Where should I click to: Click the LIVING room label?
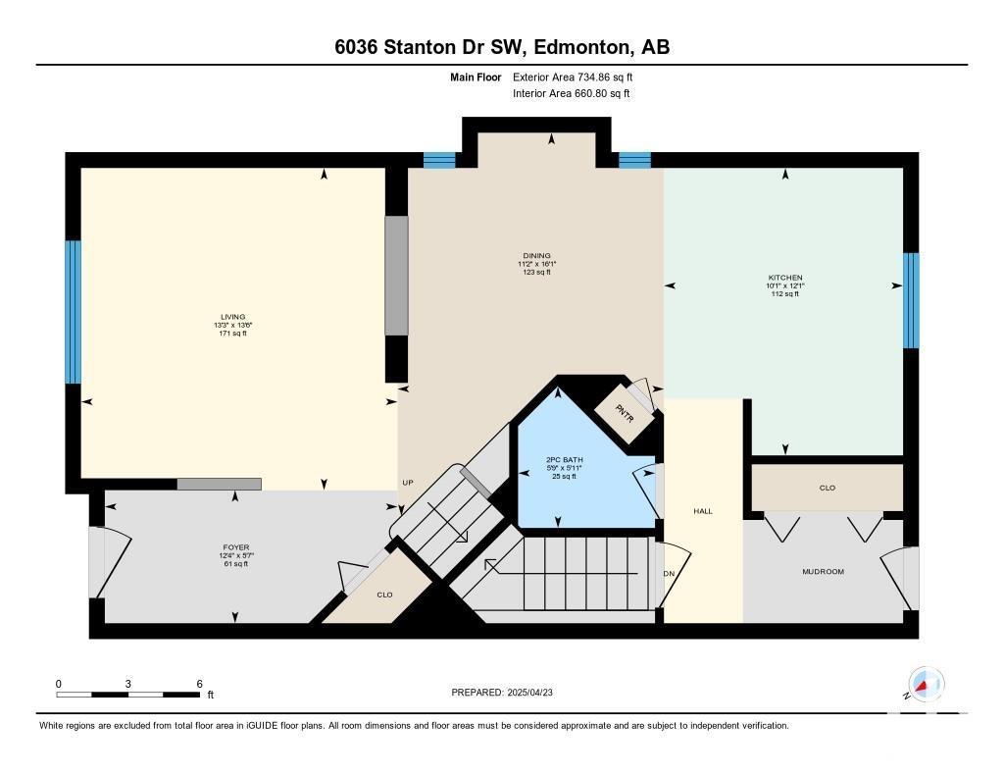[x=232, y=317]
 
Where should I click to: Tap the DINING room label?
[x=536, y=256]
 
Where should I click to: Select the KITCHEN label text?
[x=785, y=278]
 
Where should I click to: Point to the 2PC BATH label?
[x=564, y=459]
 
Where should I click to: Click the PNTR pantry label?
[x=625, y=413]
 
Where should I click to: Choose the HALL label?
[x=702, y=511]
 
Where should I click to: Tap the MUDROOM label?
[x=823, y=571]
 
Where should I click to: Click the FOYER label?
[x=235, y=547]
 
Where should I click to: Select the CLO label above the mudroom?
[x=828, y=488]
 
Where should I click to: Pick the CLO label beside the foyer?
[x=384, y=595]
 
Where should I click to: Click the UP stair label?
[x=408, y=483]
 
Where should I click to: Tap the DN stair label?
[x=669, y=574]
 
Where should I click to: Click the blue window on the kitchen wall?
[x=911, y=300]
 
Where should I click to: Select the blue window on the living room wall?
[x=73, y=312]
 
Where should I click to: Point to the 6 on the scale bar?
[x=200, y=684]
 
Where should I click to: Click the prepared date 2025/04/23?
[x=529, y=692]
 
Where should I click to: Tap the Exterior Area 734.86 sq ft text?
[x=573, y=77]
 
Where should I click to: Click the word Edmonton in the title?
[x=579, y=47]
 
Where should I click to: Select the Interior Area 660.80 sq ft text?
[x=572, y=93]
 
